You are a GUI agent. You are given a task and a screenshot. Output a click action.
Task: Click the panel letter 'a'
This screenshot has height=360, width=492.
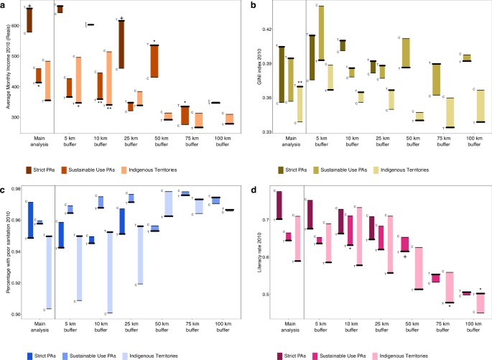click(x=4, y=4)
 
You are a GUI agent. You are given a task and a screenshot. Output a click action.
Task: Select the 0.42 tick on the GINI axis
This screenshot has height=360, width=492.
click(x=263, y=29)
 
